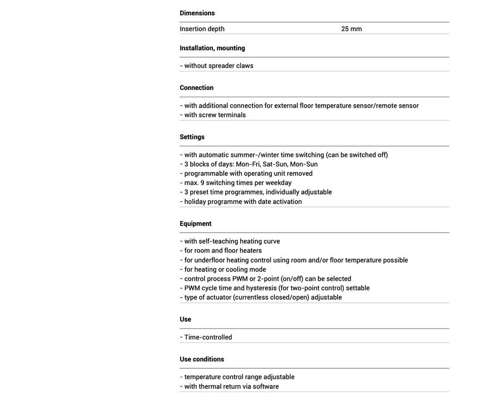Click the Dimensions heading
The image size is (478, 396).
pyautogui.click(x=197, y=13)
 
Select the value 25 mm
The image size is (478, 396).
pyautogui.click(x=351, y=29)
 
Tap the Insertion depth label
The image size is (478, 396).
pyautogui.click(x=202, y=29)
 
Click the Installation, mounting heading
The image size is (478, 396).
pyautogui.click(x=212, y=48)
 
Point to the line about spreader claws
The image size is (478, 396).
pyautogui.click(x=217, y=66)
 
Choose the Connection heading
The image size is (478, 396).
pyautogui.click(x=197, y=88)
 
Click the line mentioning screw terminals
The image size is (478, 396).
pyautogui.click(x=213, y=115)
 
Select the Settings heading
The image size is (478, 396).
pyautogui.click(x=192, y=137)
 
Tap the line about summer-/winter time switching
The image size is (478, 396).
pyautogui.click(x=284, y=155)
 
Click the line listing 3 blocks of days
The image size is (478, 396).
pyautogui.click(x=249, y=164)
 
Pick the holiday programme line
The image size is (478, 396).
pyautogui.click(x=241, y=201)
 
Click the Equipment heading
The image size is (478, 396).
pyautogui.click(x=195, y=223)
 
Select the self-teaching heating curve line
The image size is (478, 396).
pyautogui.click(x=230, y=242)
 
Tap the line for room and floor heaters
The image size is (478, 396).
pyautogui.click(x=221, y=251)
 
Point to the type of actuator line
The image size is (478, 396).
pyautogui.click(x=261, y=298)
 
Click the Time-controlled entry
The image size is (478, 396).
pyautogui.click(x=206, y=337)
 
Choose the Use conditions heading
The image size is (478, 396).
pyautogui.click(x=202, y=359)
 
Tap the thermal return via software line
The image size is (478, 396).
pyautogui.click(x=229, y=386)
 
